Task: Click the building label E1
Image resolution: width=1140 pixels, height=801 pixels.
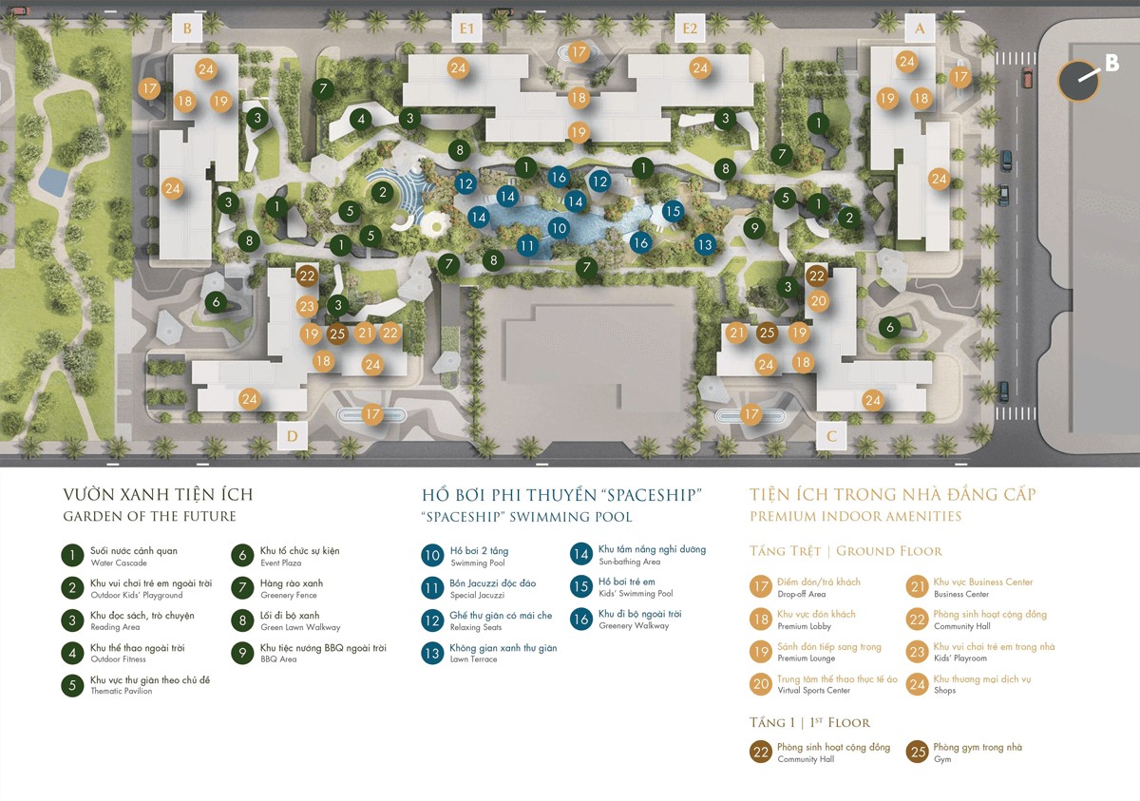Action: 465,29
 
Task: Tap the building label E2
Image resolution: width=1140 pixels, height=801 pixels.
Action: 691,29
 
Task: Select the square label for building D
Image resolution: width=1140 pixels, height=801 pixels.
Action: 293,436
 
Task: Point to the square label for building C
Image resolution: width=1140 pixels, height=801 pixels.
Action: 831,436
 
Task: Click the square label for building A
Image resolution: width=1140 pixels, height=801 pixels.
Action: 919,29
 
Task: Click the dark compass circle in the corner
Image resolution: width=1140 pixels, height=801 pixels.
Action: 1078,81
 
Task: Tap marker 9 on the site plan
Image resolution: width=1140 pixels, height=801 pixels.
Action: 754,228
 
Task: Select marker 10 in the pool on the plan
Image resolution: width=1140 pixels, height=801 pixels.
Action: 558,228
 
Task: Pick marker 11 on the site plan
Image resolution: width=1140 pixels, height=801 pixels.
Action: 527,245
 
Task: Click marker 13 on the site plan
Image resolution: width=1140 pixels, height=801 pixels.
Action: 704,244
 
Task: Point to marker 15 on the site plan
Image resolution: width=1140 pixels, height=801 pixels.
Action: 673,212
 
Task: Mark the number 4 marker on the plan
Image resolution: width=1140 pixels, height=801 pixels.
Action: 359,119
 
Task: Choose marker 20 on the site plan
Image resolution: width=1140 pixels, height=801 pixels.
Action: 819,300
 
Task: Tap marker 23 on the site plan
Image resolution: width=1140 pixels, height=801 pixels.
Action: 306,306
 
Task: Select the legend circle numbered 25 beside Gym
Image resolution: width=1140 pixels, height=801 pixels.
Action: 918,752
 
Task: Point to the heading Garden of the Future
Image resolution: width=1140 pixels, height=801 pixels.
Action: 149,517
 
